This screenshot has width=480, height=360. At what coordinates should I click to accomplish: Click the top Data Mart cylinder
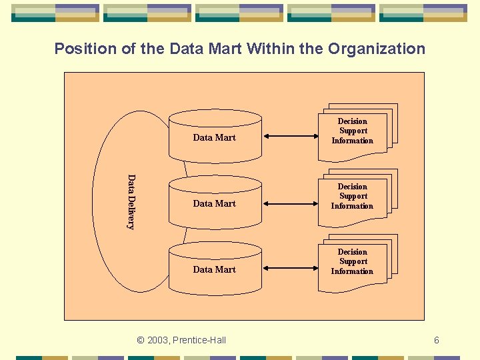215,137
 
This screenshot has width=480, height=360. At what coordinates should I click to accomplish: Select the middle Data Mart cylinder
215,203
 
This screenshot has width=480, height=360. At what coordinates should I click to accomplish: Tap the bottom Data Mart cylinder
215,269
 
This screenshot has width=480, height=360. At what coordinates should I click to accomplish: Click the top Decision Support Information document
353,131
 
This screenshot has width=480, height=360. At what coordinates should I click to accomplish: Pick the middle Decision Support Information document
353,197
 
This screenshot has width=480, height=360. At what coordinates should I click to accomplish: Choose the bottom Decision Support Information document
353,262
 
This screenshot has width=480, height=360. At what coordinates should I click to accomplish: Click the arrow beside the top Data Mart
289,137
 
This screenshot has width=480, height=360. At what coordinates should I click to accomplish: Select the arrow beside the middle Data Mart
289,202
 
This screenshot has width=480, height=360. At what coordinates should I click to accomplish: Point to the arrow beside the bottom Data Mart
289,268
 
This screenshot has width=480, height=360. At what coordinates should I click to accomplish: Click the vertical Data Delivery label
131,202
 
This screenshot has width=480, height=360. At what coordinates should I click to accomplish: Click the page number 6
437,340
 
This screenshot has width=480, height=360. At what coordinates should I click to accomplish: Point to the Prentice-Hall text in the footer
199,340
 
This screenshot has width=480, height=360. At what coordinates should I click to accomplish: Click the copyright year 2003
157,340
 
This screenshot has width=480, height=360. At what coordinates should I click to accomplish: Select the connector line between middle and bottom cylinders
186,235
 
